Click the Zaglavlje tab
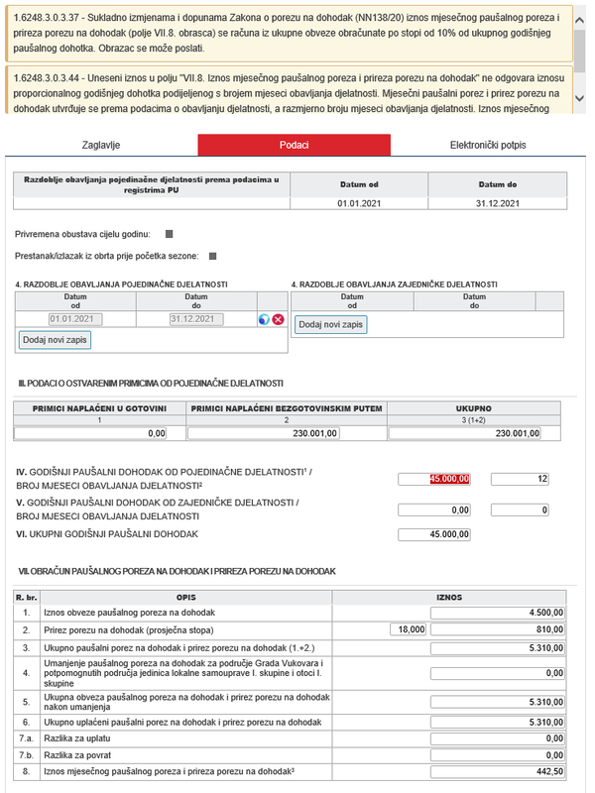tap(100, 145)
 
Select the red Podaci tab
tap(295, 145)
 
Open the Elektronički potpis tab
tap(488, 145)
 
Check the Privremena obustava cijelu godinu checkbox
tap(169, 234)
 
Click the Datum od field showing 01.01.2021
tap(76, 319)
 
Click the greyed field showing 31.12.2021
tap(195, 319)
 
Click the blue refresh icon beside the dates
tap(264, 319)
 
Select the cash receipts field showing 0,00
tap(91, 433)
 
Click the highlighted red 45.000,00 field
tap(434, 479)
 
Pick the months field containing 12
tap(520, 479)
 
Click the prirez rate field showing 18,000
tap(410, 628)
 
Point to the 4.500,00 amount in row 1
tap(499, 613)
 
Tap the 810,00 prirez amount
tap(499, 628)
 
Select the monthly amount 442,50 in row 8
tap(499, 771)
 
